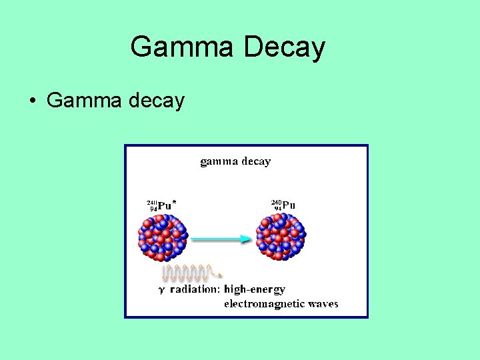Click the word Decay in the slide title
pos(285,47)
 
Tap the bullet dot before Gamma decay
pos(32,101)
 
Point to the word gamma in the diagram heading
pos(219,161)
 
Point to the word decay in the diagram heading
pos(255,161)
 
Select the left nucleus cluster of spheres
pos(163,236)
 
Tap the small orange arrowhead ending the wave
pos(220,275)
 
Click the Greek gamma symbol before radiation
pos(161,291)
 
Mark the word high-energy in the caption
pos(255,289)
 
